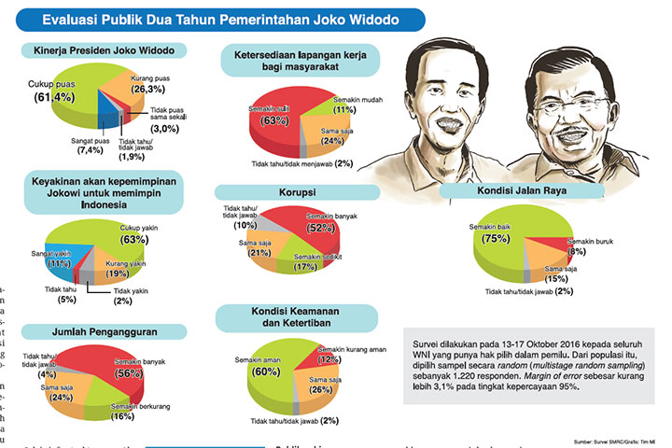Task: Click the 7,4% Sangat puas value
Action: tap(90, 149)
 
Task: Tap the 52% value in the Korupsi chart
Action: tap(320, 228)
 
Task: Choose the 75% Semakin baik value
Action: tap(495, 238)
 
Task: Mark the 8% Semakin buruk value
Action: tap(576, 251)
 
